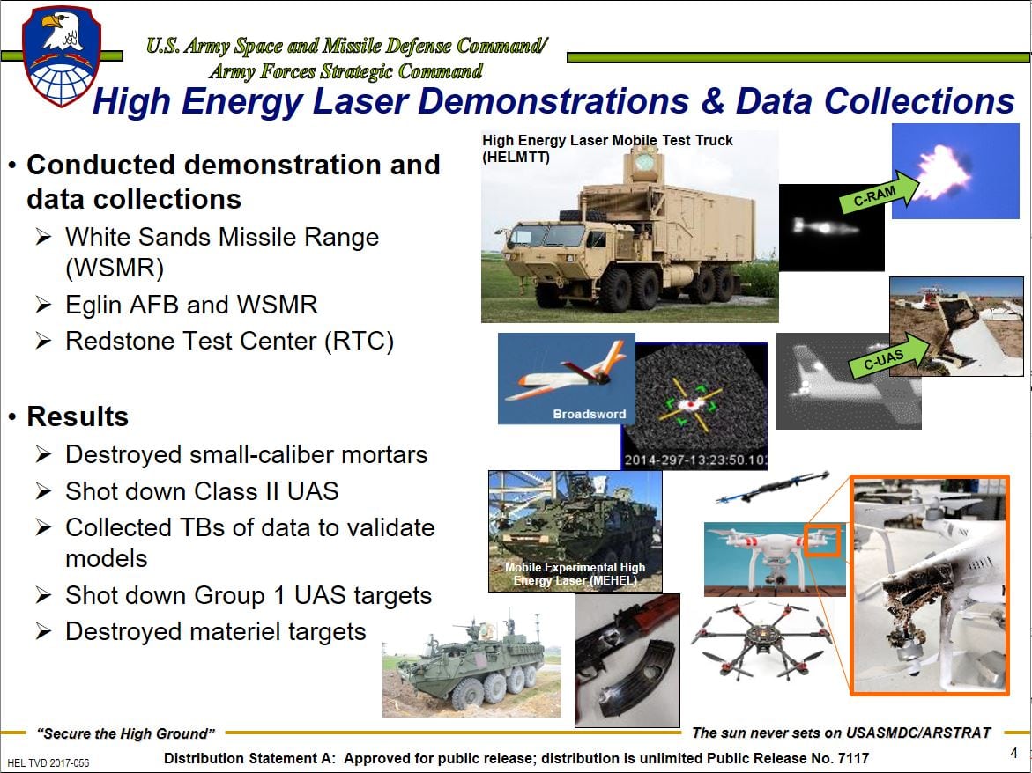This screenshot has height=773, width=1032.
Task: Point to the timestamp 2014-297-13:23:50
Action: click(x=694, y=460)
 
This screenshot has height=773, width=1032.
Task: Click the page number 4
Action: click(x=1013, y=753)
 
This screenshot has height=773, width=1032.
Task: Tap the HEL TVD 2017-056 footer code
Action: click(x=48, y=762)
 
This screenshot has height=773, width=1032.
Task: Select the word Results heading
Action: click(x=78, y=416)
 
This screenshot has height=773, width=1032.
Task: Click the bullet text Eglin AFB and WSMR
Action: click(x=191, y=305)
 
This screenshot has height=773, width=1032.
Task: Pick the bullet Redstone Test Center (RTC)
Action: click(x=229, y=341)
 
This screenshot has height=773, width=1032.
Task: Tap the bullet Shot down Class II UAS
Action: click(x=202, y=490)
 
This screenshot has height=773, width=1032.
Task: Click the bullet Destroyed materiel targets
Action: click(x=215, y=631)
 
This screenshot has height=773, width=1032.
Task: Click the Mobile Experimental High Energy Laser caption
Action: click(x=575, y=574)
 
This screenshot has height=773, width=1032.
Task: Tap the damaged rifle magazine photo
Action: click(x=627, y=660)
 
